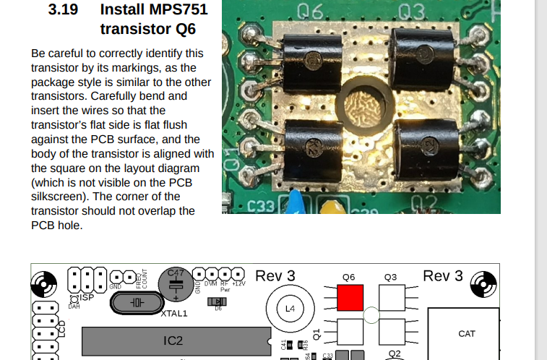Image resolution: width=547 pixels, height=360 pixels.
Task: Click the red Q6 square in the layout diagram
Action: click(350, 297)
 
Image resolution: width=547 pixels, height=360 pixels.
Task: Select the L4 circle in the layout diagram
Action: click(290, 309)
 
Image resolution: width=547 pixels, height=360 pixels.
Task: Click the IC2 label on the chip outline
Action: click(173, 340)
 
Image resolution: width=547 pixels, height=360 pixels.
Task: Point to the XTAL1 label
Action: click(173, 314)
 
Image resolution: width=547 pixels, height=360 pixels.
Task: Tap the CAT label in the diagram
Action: click(466, 334)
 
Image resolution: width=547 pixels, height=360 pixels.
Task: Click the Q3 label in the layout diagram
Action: click(391, 277)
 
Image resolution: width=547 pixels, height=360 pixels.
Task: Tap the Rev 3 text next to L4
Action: click(275, 276)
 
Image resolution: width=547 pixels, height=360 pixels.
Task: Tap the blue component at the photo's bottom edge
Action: click(294, 202)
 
